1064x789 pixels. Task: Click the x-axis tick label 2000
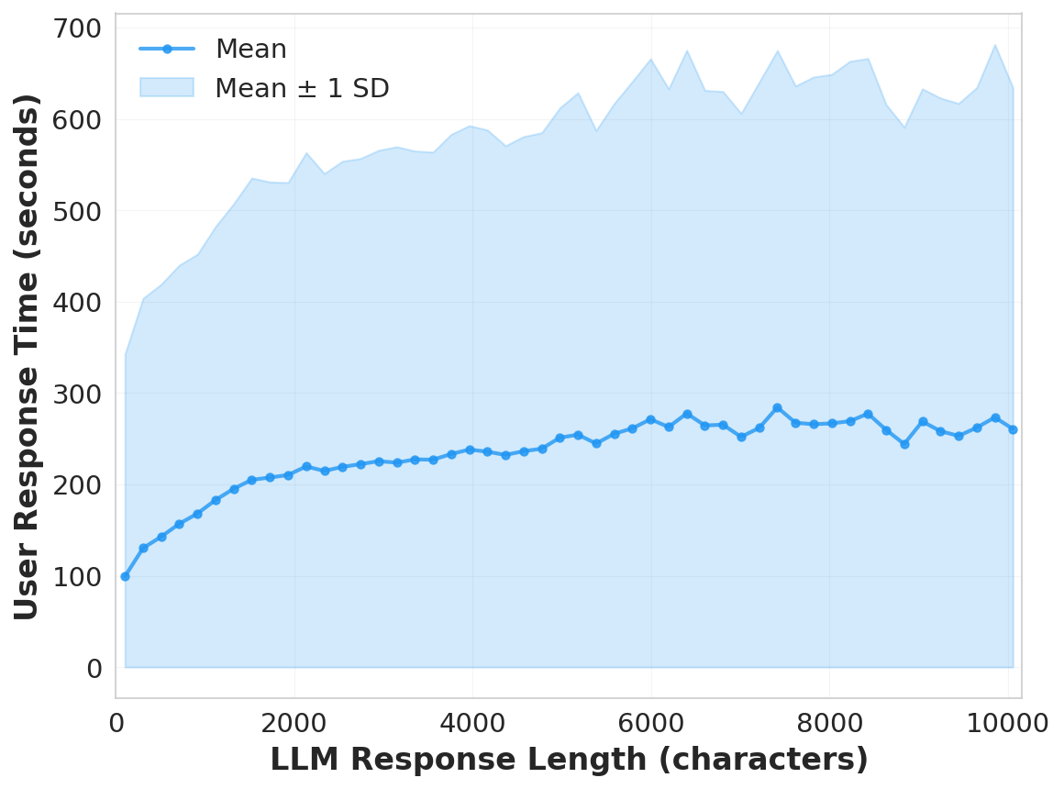tap(294, 723)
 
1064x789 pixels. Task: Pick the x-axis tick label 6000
tap(651, 723)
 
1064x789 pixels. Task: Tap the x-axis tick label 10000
tap(1008, 723)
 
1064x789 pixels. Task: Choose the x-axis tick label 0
tap(116, 723)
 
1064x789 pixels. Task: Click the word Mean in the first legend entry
tap(250, 50)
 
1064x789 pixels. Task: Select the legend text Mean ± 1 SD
tap(302, 89)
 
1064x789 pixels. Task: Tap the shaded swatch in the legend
tap(167, 87)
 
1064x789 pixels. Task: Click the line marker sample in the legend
tap(167, 49)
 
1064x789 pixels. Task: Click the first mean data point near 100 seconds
tap(125, 576)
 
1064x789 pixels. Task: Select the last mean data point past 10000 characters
tap(1013, 429)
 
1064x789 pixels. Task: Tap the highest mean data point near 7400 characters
tap(777, 407)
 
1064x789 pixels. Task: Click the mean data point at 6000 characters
tap(650, 419)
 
